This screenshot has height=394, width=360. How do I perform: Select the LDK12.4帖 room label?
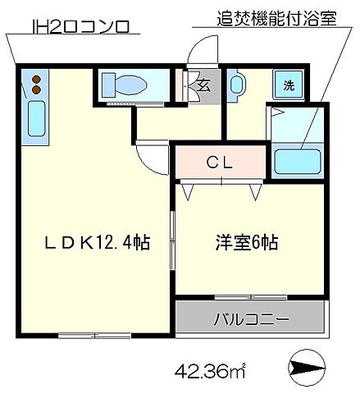point(97,243)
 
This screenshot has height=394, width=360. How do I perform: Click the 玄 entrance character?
point(203,85)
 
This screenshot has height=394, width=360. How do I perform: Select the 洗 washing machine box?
point(289,85)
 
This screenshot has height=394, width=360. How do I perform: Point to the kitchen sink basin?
point(35,121)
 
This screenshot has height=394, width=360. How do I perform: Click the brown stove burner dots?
point(36,82)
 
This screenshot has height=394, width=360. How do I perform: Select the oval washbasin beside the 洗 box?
point(236,84)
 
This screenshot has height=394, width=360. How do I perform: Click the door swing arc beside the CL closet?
point(151,155)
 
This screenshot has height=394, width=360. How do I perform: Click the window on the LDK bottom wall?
point(93,335)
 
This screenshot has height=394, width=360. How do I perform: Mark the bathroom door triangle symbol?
point(276,112)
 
